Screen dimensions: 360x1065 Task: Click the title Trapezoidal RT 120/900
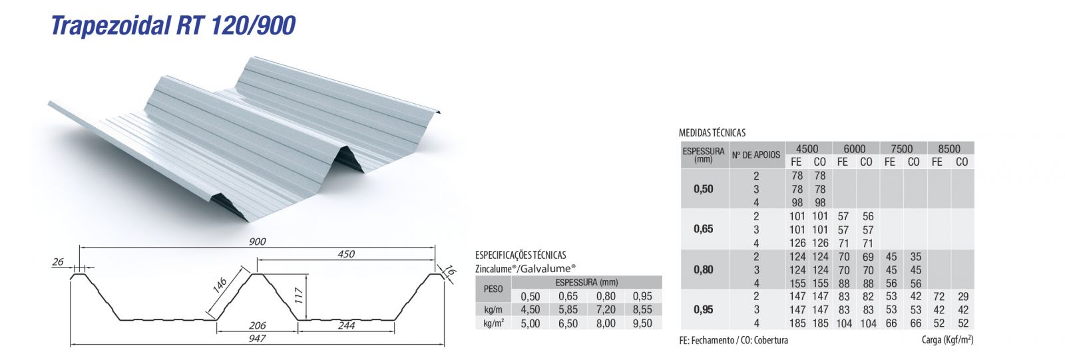coord(173,25)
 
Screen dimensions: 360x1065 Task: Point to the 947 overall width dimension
coord(257,338)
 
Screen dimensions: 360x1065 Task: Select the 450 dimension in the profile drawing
coord(346,254)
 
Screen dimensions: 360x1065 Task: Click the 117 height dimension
coord(299,293)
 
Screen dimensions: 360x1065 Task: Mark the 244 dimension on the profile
coord(346,325)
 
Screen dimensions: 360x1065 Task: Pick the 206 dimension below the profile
coord(257,325)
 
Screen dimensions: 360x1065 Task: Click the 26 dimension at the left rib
coord(58,262)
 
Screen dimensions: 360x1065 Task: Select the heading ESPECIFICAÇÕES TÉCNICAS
coord(521,255)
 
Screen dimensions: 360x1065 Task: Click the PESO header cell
coord(493,289)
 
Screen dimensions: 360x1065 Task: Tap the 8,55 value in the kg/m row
coord(642,309)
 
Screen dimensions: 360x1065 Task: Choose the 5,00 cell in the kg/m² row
coord(531,323)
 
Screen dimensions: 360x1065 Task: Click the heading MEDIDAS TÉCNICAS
coord(712,132)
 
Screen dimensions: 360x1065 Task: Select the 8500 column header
coord(949,148)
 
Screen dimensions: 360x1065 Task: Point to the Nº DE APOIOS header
coord(756,155)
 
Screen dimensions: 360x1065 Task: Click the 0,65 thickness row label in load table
coord(704,229)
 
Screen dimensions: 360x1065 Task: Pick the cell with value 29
coord(962,296)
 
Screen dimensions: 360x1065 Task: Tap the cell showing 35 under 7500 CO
coord(915,256)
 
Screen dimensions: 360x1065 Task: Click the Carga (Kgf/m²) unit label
coord(947,340)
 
